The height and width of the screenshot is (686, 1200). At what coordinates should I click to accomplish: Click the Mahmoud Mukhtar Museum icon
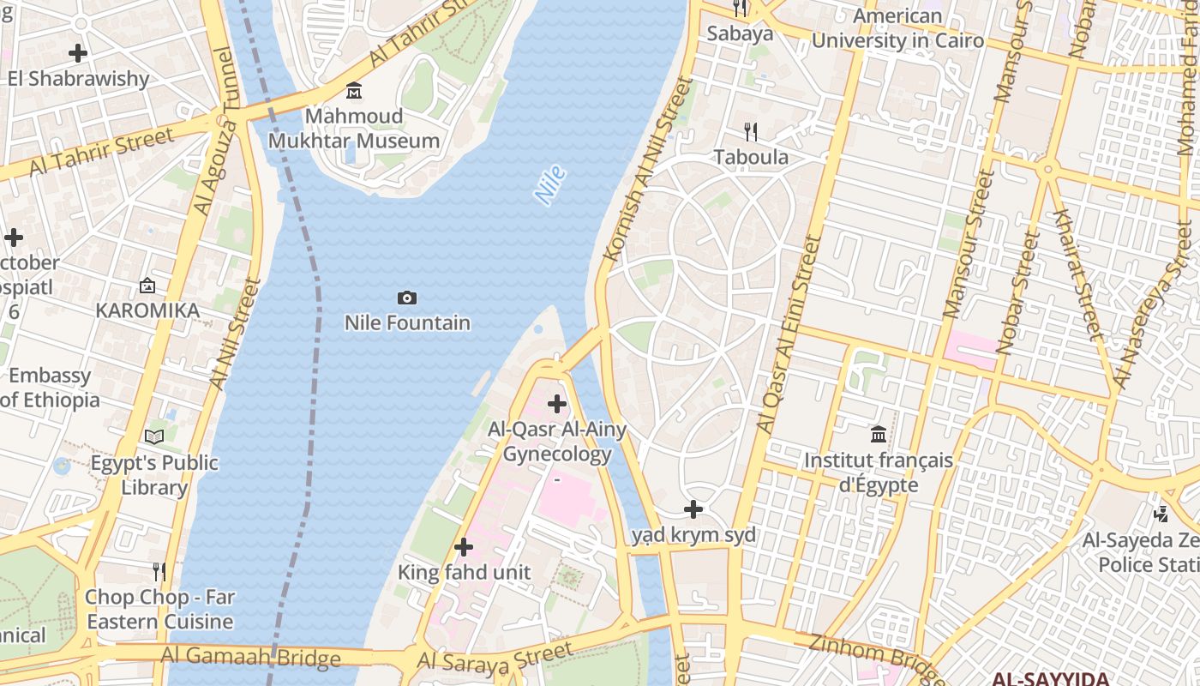(x=353, y=91)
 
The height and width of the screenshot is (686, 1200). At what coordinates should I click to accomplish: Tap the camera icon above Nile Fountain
(x=407, y=298)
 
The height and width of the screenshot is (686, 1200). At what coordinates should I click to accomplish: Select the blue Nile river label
(x=550, y=185)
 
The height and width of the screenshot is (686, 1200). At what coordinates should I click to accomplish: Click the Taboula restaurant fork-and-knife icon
(x=751, y=132)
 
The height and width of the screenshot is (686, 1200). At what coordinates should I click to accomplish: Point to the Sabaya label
(x=740, y=33)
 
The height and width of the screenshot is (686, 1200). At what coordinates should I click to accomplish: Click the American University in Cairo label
(x=897, y=28)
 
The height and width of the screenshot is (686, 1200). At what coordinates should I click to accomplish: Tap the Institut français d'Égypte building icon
(x=878, y=435)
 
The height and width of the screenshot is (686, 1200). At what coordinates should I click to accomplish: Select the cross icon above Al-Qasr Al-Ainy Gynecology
(x=557, y=403)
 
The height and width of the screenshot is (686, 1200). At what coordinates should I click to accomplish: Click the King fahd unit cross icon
(x=464, y=547)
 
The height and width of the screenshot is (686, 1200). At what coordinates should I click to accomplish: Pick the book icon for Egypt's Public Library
(x=154, y=437)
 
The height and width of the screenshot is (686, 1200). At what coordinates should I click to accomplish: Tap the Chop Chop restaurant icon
(x=159, y=571)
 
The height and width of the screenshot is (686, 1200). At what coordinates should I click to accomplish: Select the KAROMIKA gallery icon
(x=147, y=286)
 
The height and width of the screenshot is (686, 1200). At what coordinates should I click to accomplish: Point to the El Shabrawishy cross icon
(x=78, y=53)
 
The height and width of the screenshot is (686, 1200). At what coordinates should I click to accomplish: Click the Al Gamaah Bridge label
(x=250, y=659)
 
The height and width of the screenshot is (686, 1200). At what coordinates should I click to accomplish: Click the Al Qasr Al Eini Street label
(x=789, y=334)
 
